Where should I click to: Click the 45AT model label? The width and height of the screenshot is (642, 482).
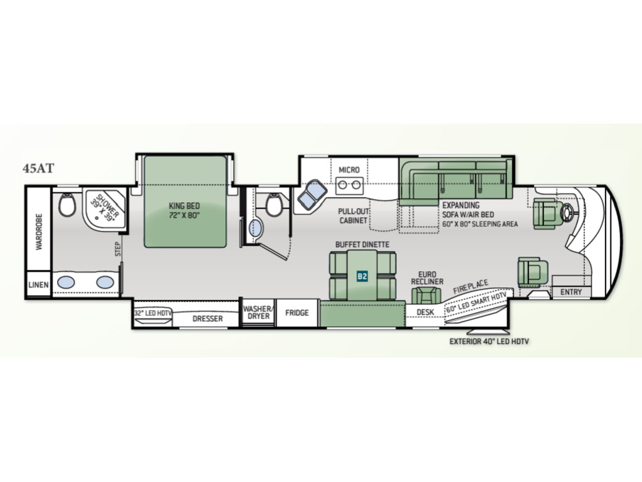38,168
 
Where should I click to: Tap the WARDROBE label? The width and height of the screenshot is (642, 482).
39,232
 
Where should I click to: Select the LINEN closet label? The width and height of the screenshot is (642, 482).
38,284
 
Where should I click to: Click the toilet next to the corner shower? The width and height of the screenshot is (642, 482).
67,205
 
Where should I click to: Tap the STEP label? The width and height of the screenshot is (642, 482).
118,249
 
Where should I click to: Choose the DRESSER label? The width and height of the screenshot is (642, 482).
208,318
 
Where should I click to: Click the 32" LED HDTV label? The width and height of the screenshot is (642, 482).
153,313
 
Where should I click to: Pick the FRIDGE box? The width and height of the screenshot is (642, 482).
297,313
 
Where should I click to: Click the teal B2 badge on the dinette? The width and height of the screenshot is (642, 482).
362,276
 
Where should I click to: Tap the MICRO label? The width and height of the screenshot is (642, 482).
349,169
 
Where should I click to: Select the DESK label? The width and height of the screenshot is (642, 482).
426,313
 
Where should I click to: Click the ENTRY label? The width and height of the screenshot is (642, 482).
571,292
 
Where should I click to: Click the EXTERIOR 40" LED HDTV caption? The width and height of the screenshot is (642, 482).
489,341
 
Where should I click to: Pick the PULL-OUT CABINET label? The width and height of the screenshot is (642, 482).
354,216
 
